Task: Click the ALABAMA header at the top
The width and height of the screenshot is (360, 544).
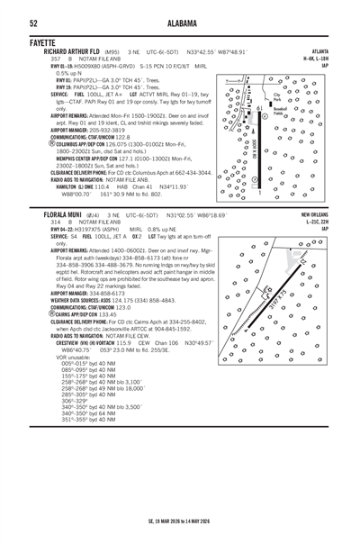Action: tap(180, 23)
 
